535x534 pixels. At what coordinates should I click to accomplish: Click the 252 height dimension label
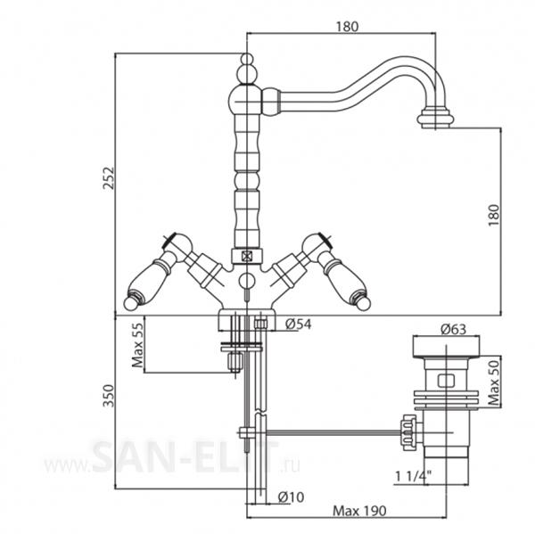109,178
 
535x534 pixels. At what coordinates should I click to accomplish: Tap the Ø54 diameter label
298,324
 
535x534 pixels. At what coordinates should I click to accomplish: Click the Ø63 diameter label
453,329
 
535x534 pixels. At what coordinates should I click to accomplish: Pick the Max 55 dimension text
138,345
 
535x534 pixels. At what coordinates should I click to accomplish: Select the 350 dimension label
109,396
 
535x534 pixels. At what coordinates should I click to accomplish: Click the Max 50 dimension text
494,382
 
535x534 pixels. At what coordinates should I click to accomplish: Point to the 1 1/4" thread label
413,476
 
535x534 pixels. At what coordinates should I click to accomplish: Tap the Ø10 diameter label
291,497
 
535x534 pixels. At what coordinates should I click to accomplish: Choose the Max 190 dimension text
359,511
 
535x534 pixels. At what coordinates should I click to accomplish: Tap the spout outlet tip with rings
436,119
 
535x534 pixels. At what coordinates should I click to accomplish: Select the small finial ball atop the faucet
247,59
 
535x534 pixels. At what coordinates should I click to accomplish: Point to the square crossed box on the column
247,256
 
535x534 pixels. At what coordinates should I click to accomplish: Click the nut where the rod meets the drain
408,432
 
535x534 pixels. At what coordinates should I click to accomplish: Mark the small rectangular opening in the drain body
447,381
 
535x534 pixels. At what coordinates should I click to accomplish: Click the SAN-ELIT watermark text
185,456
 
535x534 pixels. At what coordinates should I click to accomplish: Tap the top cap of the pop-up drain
447,347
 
